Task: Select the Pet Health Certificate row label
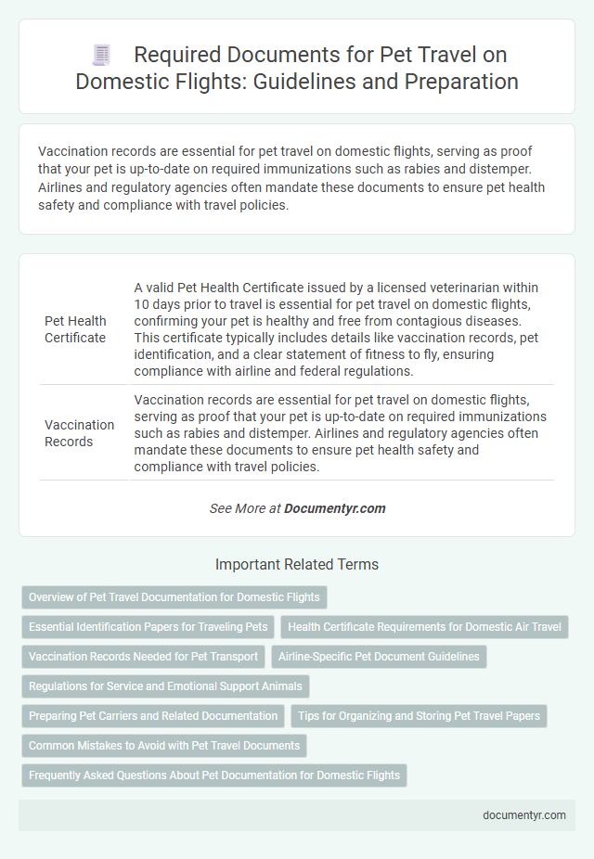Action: click(x=75, y=329)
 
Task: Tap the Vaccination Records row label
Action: click(x=79, y=433)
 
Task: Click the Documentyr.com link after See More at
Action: click(x=335, y=508)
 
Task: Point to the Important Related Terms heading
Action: click(x=297, y=564)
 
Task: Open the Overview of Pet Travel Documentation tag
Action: click(x=174, y=596)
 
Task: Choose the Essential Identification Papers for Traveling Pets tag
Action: click(x=148, y=627)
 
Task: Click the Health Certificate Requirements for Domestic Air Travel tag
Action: click(x=424, y=627)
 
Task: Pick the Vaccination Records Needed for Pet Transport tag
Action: click(x=144, y=657)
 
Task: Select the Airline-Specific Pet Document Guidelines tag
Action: click(x=379, y=657)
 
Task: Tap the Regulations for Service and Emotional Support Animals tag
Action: click(x=165, y=686)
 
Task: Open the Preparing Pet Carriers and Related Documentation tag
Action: click(x=153, y=716)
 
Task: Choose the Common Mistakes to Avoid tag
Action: click(x=164, y=746)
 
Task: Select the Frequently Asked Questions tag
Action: click(x=214, y=776)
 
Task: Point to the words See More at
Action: click(x=244, y=508)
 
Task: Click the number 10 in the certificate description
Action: click(x=142, y=304)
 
